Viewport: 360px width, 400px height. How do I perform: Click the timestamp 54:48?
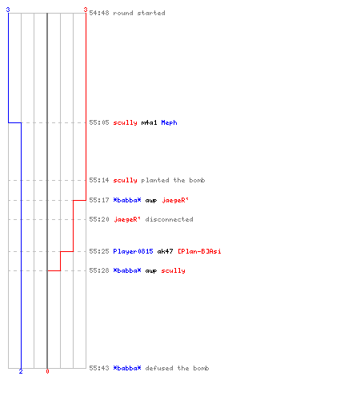pos(99,13)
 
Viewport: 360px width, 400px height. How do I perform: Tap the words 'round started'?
pos(139,13)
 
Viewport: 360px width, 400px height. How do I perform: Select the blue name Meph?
pos(169,122)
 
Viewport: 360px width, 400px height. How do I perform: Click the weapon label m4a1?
pos(149,122)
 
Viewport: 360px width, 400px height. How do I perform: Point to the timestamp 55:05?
pos(99,122)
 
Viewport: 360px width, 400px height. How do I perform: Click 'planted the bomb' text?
pos(173,180)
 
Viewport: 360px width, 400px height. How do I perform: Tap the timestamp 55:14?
pos(99,180)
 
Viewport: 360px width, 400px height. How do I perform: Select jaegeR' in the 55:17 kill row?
pos(175,200)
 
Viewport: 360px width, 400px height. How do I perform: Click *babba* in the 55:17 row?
pos(127,200)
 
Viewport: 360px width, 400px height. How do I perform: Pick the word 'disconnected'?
pos(169,219)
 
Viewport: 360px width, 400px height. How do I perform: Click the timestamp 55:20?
pos(99,219)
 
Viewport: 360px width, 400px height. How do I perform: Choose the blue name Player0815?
pos(133,251)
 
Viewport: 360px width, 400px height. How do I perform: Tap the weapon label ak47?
pos(165,251)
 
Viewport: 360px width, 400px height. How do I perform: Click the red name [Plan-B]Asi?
pos(199,251)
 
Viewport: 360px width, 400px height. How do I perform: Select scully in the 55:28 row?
pos(173,270)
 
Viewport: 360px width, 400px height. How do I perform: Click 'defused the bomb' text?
pos(177,368)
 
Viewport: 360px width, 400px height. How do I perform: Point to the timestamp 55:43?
pos(99,368)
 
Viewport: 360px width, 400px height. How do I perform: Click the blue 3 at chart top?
pos(8,10)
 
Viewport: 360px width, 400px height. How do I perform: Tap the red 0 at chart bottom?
pos(47,371)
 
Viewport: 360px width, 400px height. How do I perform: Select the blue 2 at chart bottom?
pos(21,371)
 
